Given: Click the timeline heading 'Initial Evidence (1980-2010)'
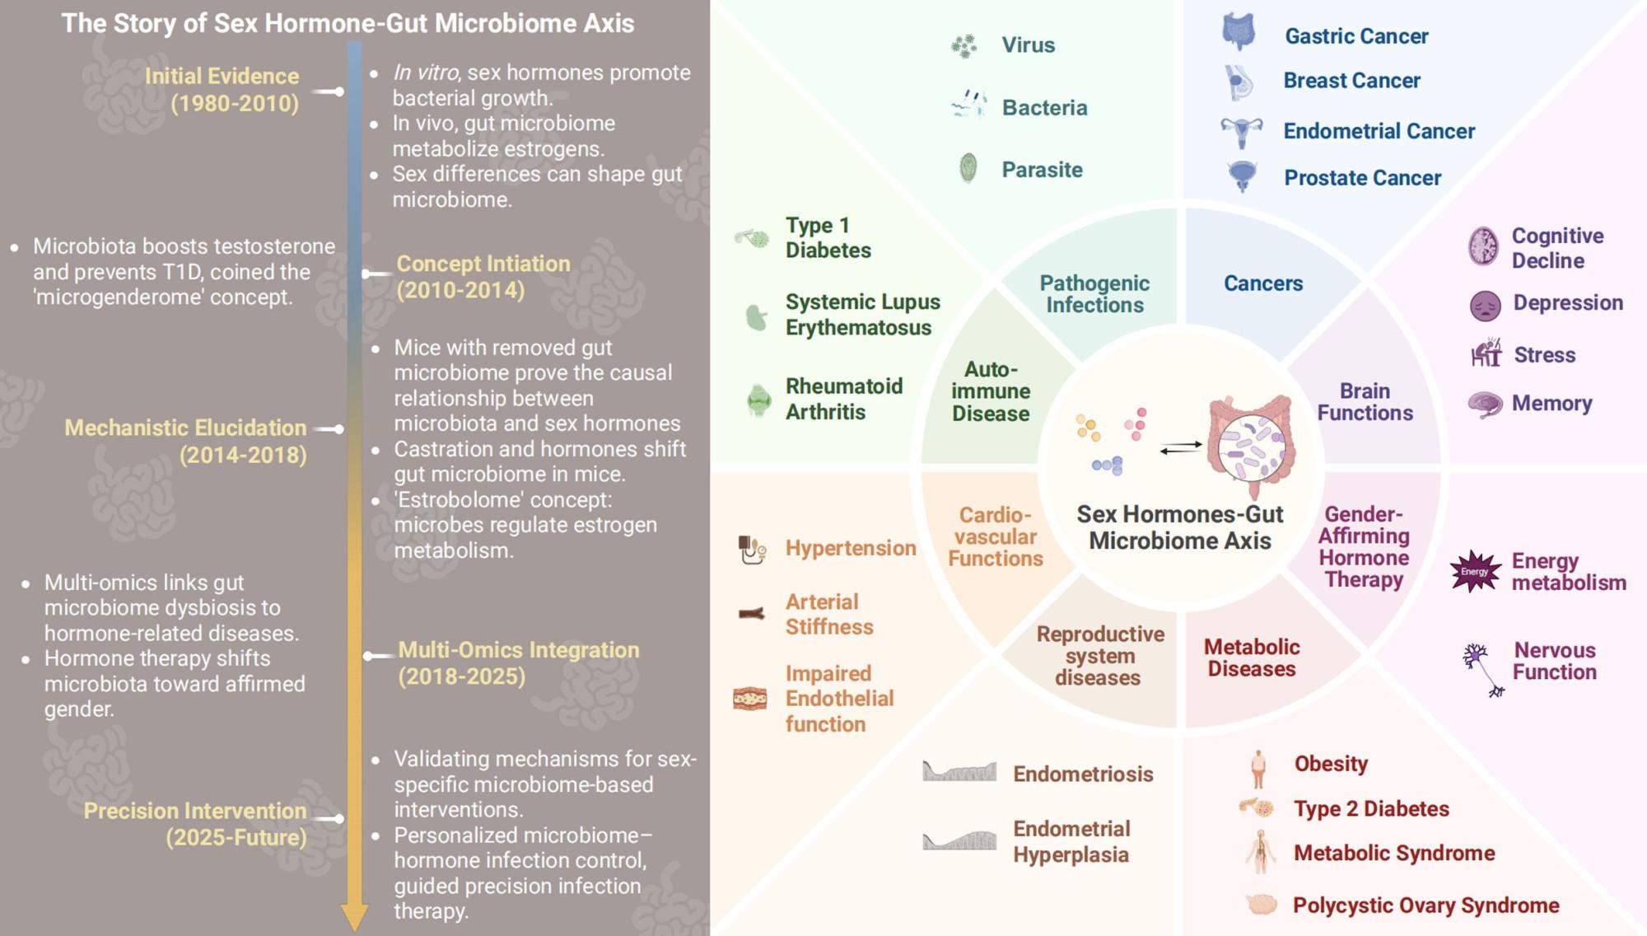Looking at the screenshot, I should click(x=222, y=89).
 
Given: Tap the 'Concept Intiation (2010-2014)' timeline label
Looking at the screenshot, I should click(x=483, y=277).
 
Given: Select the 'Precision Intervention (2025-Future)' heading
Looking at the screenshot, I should click(x=195, y=824).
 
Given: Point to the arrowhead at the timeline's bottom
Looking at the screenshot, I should click(x=354, y=916).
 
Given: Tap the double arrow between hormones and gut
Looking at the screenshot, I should click(x=1181, y=447).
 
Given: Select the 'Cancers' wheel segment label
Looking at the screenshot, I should click(x=1263, y=283).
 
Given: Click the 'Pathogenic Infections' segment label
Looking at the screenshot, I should click(x=1094, y=294).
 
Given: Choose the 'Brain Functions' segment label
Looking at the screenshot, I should click(x=1365, y=402).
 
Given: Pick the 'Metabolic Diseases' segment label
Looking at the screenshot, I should click(x=1252, y=658).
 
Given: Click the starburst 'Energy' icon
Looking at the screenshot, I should click(x=1475, y=571).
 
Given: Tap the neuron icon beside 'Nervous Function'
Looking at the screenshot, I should click(x=1482, y=667).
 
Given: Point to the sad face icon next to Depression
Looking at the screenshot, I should click(x=1486, y=306).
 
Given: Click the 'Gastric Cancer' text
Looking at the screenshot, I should click(x=1356, y=36).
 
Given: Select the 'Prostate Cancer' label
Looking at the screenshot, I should click(x=1362, y=178).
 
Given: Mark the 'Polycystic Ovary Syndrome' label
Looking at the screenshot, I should click(x=1425, y=906).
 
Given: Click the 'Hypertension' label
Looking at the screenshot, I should click(x=851, y=548).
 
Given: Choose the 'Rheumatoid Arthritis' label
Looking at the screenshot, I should click(x=844, y=399).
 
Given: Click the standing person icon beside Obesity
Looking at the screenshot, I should click(x=1257, y=770).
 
